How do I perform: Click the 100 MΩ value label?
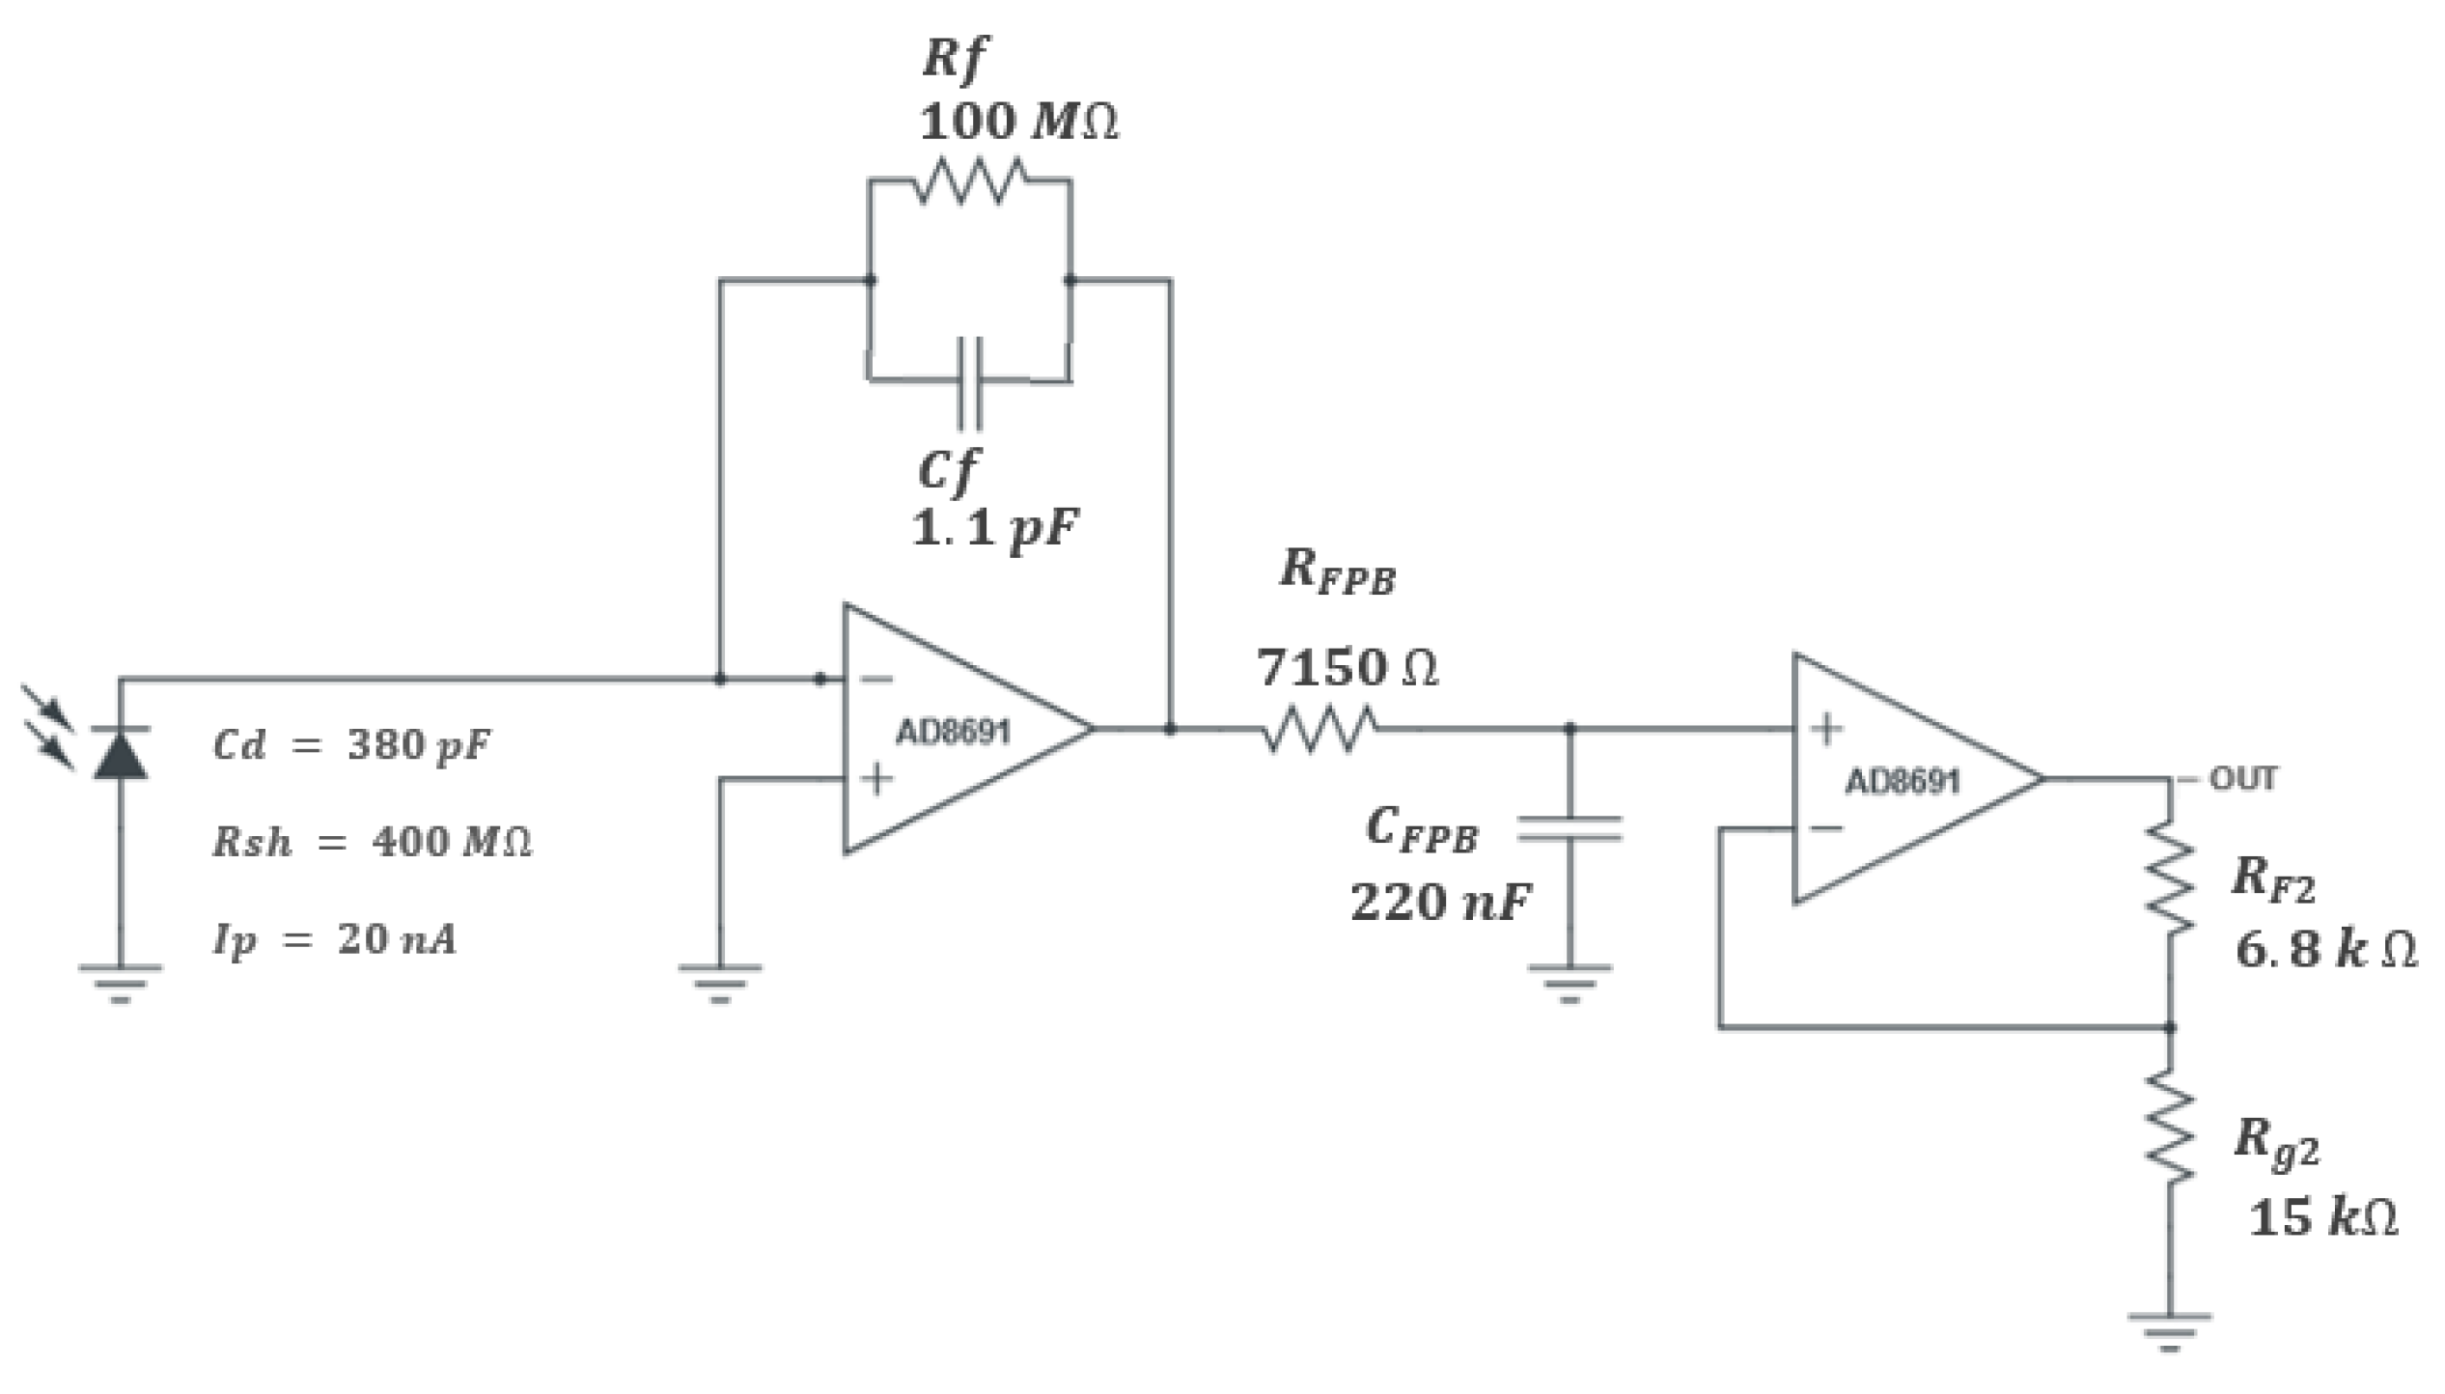[x=1018, y=123]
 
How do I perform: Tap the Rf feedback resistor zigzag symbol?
[x=969, y=181]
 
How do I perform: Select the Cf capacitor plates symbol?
[x=970, y=382]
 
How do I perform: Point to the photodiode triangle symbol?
[x=120, y=754]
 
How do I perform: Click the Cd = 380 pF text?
[x=351, y=745]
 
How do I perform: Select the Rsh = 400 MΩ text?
[x=372, y=842]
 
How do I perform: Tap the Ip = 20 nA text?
[x=334, y=938]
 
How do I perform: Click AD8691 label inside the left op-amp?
[x=953, y=733]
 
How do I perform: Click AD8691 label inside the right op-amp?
[x=1903, y=781]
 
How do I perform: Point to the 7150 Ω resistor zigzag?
[x=1320, y=729]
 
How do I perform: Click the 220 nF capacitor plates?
[x=1570, y=829]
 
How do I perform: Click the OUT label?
[x=2242, y=778]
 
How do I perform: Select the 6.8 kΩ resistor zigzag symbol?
[x=2170, y=878]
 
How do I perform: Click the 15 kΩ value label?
[x=2322, y=1216]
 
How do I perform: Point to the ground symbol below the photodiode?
[x=120, y=980]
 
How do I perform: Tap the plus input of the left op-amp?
[x=876, y=778]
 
